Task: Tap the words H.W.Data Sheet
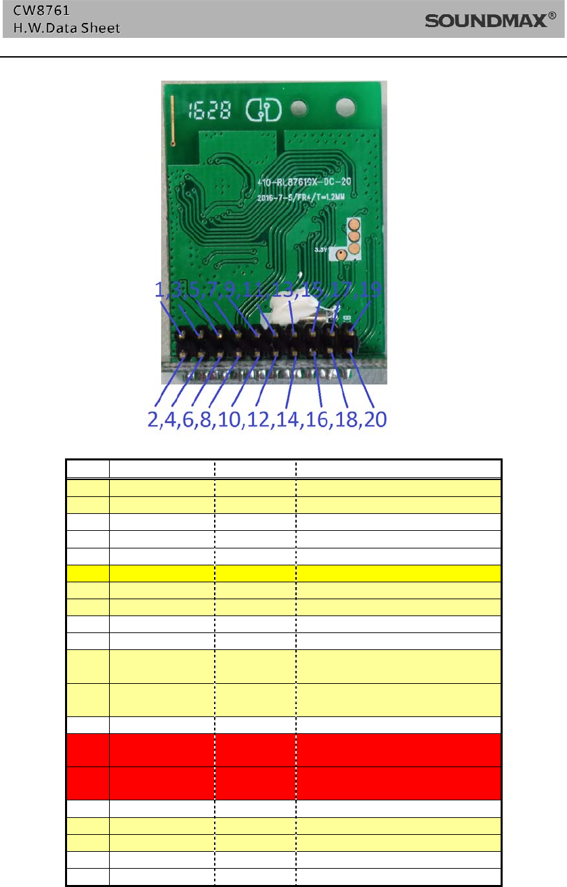62,28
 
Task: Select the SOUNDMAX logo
486,22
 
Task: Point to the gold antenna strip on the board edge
172,121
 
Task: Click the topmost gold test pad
353,225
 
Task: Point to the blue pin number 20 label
375,420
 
